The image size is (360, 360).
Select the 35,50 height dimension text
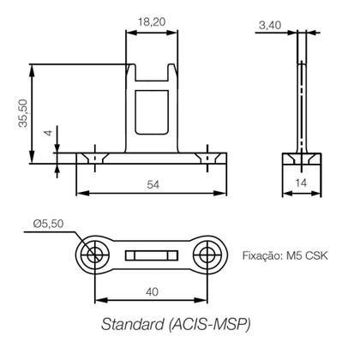pyautogui.click(x=22, y=112)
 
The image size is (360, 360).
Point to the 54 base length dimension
pyautogui.click(x=152, y=184)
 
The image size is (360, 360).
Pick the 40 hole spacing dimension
pyautogui.click(x=151, y=291)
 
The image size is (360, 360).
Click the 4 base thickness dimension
pyautogui.click(x=48, y=134)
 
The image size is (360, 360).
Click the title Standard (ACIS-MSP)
pyautogui.click(x=177, y=325)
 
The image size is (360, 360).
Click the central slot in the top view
pyautogui.click(x=152, y=254)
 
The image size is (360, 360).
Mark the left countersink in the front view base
pyautogui.click(x=94, y=159)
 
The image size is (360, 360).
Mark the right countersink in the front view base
pyautogui.click(x=207, y=159)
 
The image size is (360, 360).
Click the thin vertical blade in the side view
pyautogui.click(x=302, y=94)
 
